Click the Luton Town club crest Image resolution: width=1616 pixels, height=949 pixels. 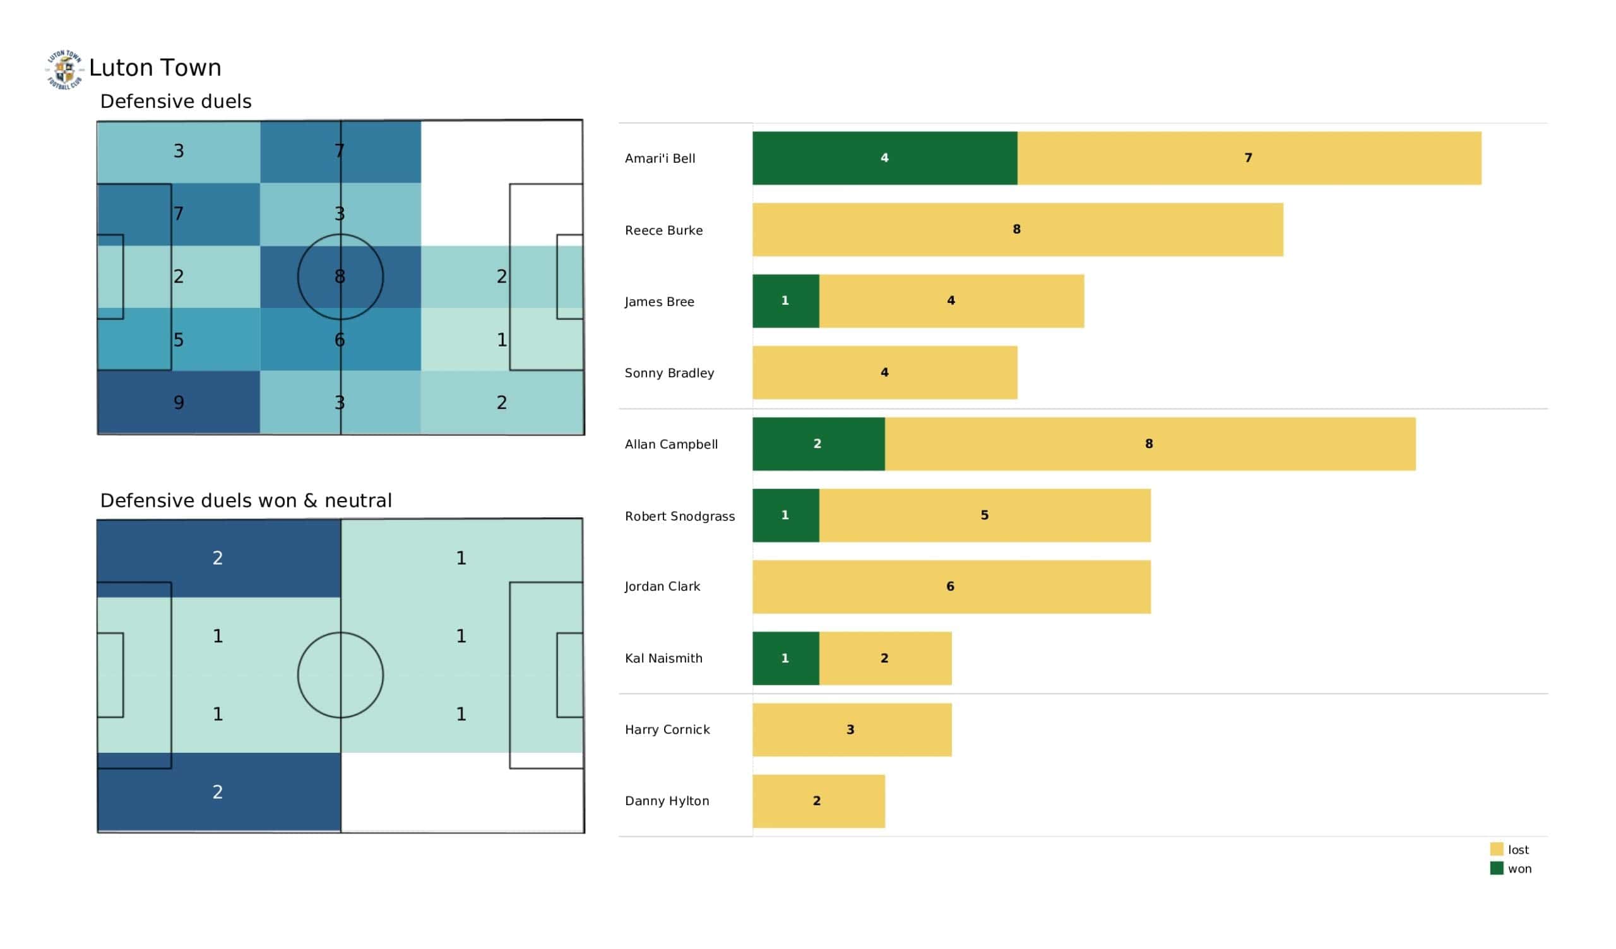point(64,69)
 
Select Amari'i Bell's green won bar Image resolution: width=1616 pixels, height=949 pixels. point(884,158)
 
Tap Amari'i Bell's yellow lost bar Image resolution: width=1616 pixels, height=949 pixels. point(1249,158)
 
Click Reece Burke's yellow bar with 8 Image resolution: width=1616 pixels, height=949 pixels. point(1018,230)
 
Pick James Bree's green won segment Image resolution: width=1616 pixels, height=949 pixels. point(785,302)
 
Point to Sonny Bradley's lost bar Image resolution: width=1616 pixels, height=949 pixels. point(885,372)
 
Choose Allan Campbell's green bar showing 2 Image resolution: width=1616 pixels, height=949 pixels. point(819,444)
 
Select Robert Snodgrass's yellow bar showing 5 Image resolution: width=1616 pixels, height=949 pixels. point(985,516)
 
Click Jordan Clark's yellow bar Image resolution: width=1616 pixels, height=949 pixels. point(952,587)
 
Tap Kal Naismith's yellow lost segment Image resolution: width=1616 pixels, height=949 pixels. point(885,659)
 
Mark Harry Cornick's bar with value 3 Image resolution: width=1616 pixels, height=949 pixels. point(852,729)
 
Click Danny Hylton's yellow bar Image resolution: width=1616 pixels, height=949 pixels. point(819,801)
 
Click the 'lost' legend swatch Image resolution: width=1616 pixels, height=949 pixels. point(1496,849)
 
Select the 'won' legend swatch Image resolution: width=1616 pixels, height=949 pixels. point(1496,868)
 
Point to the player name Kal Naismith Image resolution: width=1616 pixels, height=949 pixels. point(663,659)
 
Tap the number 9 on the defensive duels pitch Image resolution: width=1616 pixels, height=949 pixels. point(179,403)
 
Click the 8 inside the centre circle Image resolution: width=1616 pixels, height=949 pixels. point(340,276)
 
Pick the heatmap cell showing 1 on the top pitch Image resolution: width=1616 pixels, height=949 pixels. point(502,340)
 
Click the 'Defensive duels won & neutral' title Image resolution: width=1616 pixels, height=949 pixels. point(246,501)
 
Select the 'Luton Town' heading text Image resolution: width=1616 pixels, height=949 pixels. point(155,68)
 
